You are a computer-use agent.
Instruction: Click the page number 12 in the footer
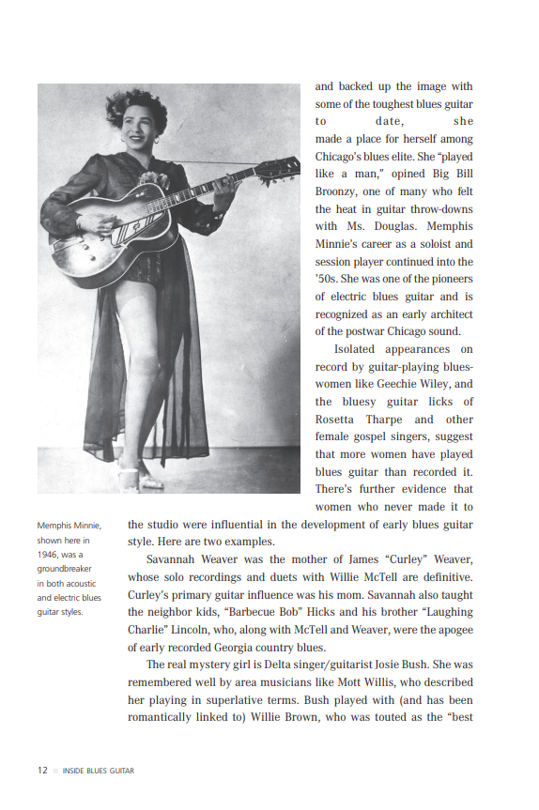point(42,771)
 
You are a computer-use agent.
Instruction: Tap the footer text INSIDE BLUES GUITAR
point(98,772)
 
